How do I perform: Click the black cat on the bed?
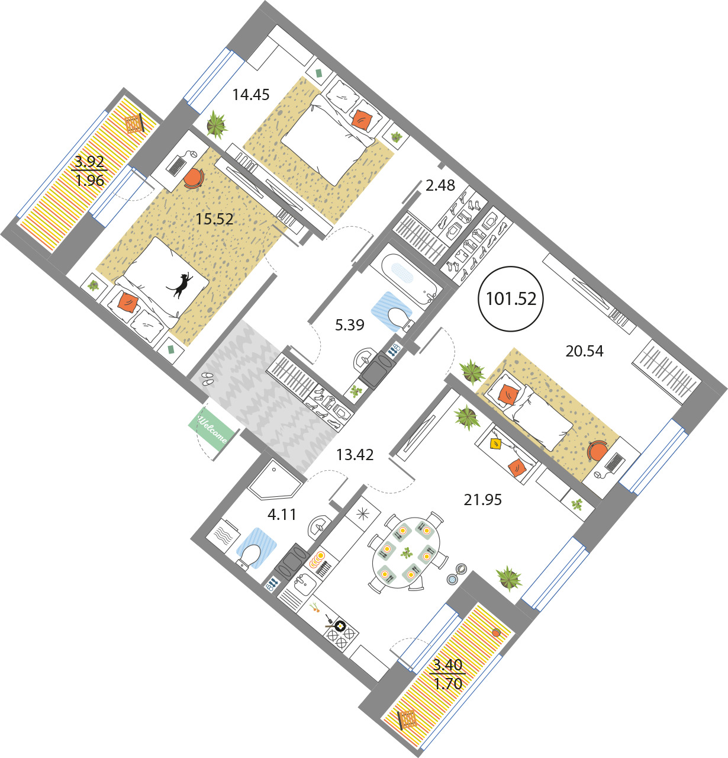coord(180,285)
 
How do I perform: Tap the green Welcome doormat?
coord(213,429)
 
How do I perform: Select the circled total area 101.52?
coord(511,299)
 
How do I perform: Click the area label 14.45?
coord(251,95)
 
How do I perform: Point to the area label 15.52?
coord(214,219)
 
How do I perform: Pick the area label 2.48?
coord(440,185)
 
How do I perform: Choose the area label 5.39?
coord(350,325)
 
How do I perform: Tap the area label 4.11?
coord(282,515)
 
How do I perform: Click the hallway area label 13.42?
coord(355,455)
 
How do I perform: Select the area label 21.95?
coord(483,500)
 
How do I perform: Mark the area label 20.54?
coord(584,351)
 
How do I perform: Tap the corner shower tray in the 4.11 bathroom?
coord(275,480)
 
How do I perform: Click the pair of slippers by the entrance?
coord(207,378)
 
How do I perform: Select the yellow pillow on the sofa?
coord(495,444)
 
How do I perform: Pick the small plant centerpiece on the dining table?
coord(407,553)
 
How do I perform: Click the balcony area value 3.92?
coord(89,161)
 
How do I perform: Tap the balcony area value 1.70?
coord(448,684)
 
